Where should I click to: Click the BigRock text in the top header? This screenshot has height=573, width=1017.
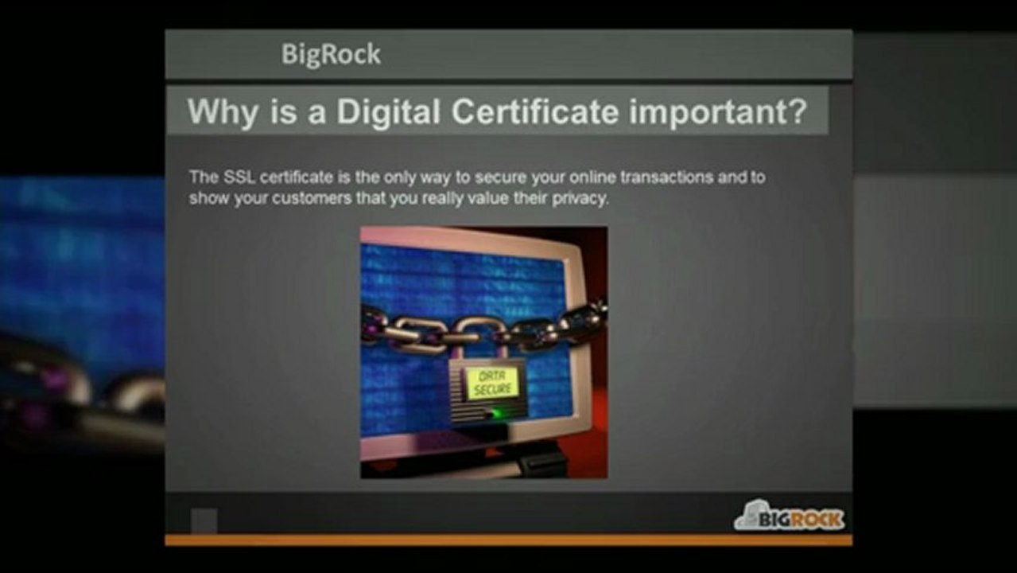pyautogui.click(x=331, y=54)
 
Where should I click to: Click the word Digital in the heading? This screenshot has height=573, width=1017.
pyautogui.click(x=387, y=111)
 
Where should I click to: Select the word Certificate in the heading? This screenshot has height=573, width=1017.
pyautogui.click(x=534, y=111)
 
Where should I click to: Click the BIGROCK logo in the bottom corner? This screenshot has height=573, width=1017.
pyautogui.click(x=789, y=517)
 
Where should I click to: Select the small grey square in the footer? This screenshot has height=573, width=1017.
pyautogui.click(x=204, y=520)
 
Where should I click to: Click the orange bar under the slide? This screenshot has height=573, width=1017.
pyautogui.click(x=509, y=540)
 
